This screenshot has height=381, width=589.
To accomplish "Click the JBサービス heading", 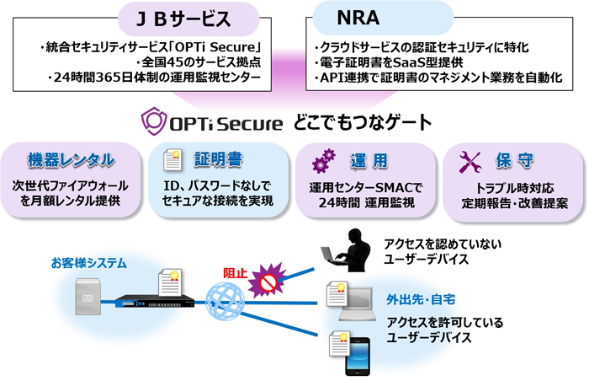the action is point(183,19).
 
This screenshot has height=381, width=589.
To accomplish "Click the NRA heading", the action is point(358,18).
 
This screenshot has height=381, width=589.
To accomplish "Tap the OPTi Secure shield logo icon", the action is point(154,121).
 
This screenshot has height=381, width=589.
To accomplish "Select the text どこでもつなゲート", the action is point(363,122).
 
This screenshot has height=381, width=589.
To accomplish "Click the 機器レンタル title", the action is point(71,160).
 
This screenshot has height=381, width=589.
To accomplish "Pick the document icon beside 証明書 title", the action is point(172,160).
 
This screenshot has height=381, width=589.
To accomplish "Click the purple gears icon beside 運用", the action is point(323,161).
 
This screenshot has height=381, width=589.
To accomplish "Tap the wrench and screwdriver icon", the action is point(470,162).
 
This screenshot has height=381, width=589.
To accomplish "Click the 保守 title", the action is point(514,161).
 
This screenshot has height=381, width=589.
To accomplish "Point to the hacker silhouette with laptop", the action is point(347,250).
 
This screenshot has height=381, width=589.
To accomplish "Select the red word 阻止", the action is point(235,273).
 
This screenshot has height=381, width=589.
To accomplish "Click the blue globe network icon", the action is point(225,302).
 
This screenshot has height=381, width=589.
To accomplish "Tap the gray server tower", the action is point(88,297).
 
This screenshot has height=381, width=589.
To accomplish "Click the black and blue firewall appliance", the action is point(155,302).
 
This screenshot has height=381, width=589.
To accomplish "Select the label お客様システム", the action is point(88,263).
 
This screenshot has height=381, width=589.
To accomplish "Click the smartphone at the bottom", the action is point(357,357).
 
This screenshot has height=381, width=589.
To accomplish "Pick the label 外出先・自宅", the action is point(421,300).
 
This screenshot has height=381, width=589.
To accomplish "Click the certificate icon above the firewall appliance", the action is point(170,282).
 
